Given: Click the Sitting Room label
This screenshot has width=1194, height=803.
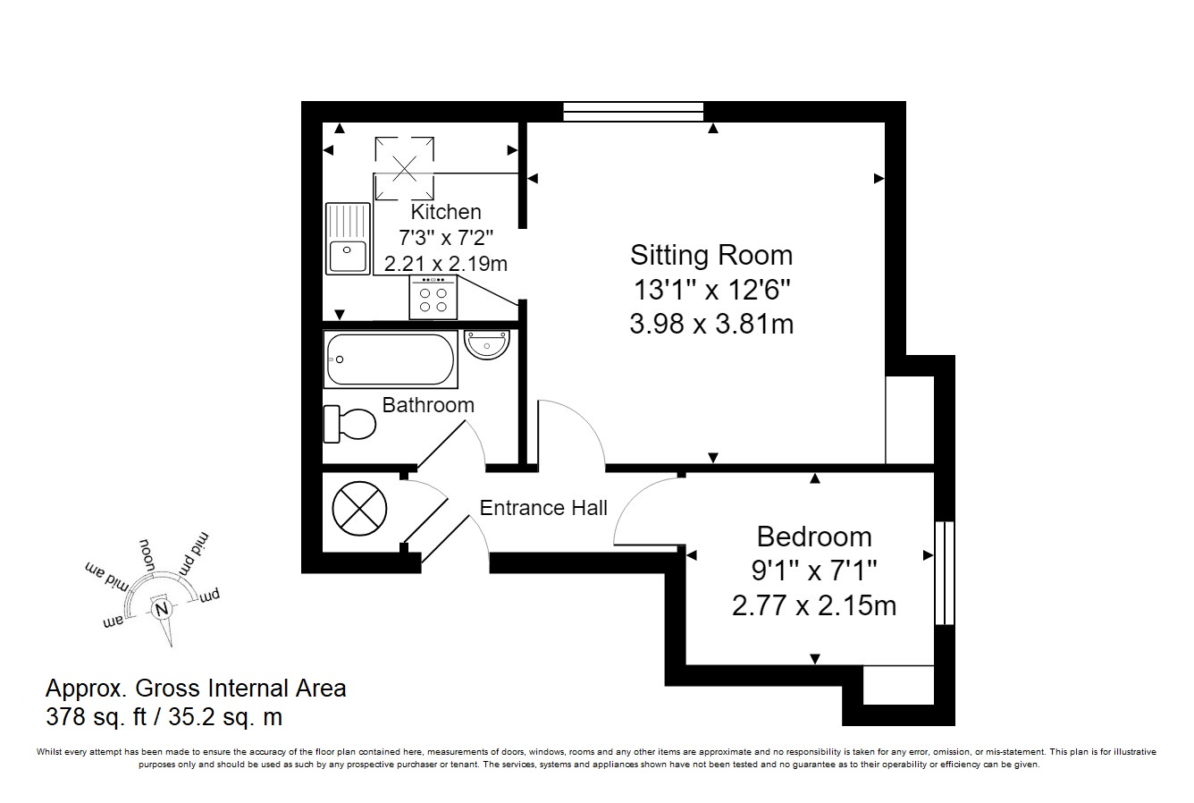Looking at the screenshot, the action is (711, 255).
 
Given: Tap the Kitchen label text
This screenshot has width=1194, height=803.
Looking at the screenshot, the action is (446, 212).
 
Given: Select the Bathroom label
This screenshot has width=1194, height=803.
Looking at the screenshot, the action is (428, 405).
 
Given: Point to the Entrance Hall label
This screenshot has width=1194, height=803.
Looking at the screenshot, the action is (543, 508).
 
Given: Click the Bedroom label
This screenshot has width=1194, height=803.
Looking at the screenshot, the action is (814, 537).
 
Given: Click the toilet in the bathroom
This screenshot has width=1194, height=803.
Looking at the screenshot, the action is (349, 425).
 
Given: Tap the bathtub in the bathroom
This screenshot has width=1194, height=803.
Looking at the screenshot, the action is (391, 359).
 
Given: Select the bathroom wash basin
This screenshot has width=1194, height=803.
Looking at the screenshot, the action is (487, 344).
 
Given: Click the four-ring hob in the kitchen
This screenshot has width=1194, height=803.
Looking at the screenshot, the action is (433, 298).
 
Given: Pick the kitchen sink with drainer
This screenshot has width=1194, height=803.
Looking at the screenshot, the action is (348, 239).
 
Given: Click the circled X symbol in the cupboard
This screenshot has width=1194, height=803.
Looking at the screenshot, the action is (359, 509).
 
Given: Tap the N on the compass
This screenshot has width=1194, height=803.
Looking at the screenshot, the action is (162, 609).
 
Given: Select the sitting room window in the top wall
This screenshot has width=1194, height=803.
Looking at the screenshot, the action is (634, 112).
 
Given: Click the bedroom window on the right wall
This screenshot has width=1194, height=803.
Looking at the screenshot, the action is (945, 572).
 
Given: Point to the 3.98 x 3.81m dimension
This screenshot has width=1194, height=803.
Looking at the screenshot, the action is (711, 324).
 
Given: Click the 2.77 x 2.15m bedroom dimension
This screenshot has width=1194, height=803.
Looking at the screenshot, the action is (814, 605).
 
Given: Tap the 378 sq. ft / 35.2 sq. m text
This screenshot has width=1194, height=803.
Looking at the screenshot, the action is (164, 716).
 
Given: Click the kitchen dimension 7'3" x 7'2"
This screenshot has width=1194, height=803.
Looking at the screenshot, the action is (446, 237).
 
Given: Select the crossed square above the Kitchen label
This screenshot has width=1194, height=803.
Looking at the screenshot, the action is (405, 168).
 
